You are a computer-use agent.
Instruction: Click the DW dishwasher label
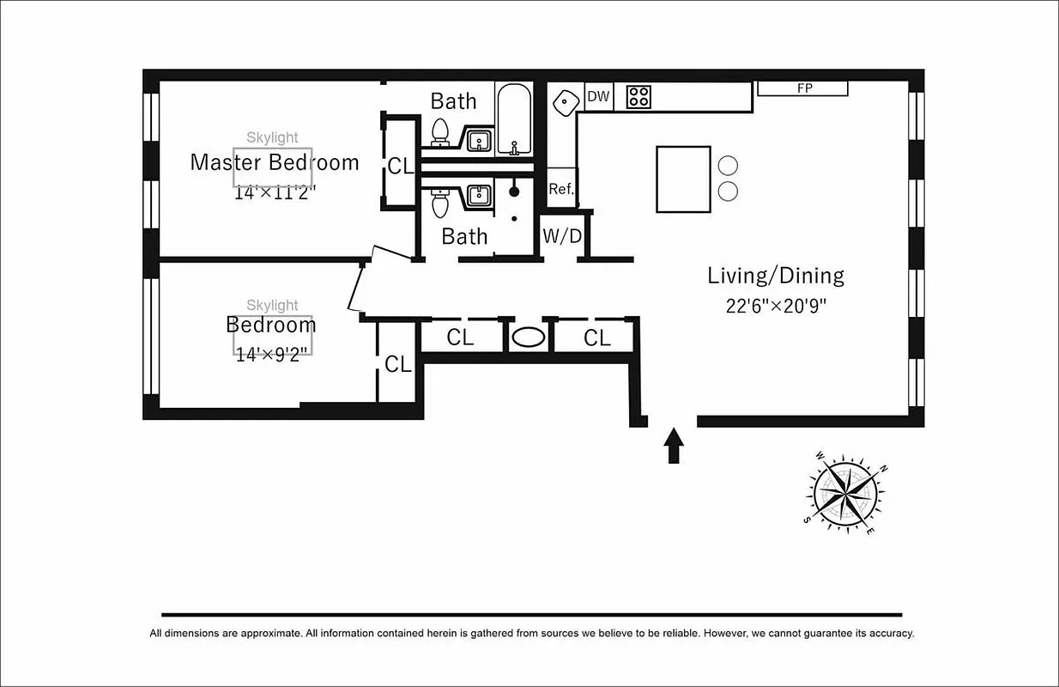(598, 97)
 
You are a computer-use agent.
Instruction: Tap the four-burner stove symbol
(638, 96)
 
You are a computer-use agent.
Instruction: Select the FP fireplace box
(803, 88)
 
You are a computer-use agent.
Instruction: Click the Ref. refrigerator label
(561, 189)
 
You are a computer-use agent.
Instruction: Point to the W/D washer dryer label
(562, 237)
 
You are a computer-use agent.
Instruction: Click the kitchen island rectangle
(683, 179)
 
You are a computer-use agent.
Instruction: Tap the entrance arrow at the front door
(674, 446)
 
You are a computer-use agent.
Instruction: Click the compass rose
(842, 492)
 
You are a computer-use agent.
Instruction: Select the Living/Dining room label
(775, 276)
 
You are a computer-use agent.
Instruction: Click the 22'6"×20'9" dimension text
(775, 307)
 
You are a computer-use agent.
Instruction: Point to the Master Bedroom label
(274, 162)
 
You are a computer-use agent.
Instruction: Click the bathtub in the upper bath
(515, 119)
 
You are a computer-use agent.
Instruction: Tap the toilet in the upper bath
(440, 133)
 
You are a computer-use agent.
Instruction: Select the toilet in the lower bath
(440, 203)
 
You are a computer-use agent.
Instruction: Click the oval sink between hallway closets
(528, 337)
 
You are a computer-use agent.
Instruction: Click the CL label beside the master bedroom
(400, 167)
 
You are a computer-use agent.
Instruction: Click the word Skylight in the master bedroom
(272, 137)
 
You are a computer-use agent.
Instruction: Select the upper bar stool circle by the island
(728, 166)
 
